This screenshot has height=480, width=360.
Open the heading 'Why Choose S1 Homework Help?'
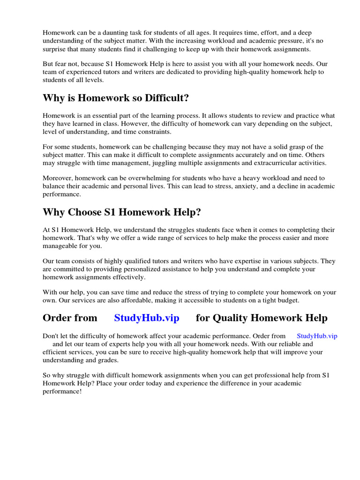point(122,212)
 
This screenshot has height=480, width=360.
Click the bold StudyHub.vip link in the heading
point(147,318)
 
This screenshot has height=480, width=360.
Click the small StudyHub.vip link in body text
point(317,336)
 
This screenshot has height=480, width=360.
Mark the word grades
point(108,360)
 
